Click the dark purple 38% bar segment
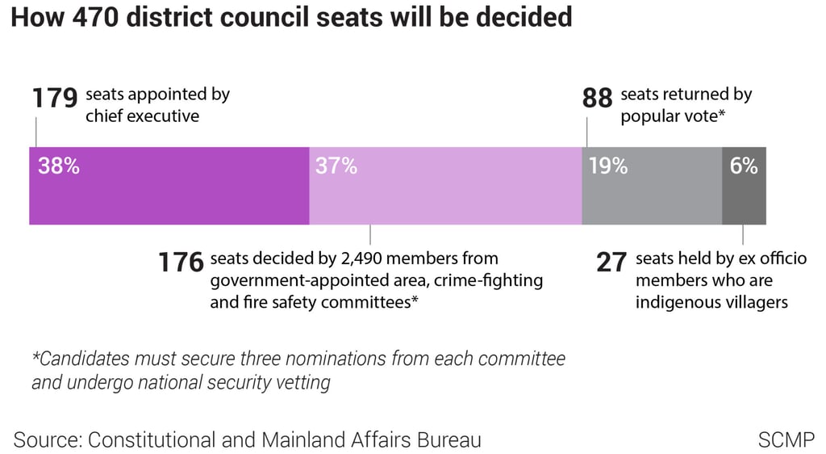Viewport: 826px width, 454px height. coord(169,194)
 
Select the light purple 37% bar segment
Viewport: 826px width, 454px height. coord(445,194)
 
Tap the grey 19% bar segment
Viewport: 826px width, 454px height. coord(652,194)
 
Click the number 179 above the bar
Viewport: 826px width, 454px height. coord(55,99)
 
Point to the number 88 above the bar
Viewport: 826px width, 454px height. coord(598,99)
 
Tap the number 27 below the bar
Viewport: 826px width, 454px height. coord(611,263)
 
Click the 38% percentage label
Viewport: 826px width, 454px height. coord(59,166)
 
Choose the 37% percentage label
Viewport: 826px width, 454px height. coord(336,166)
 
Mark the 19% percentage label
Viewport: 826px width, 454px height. coord(608,166)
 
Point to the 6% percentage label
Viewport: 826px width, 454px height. coord(744,166)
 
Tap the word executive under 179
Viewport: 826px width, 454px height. coord(161,116)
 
